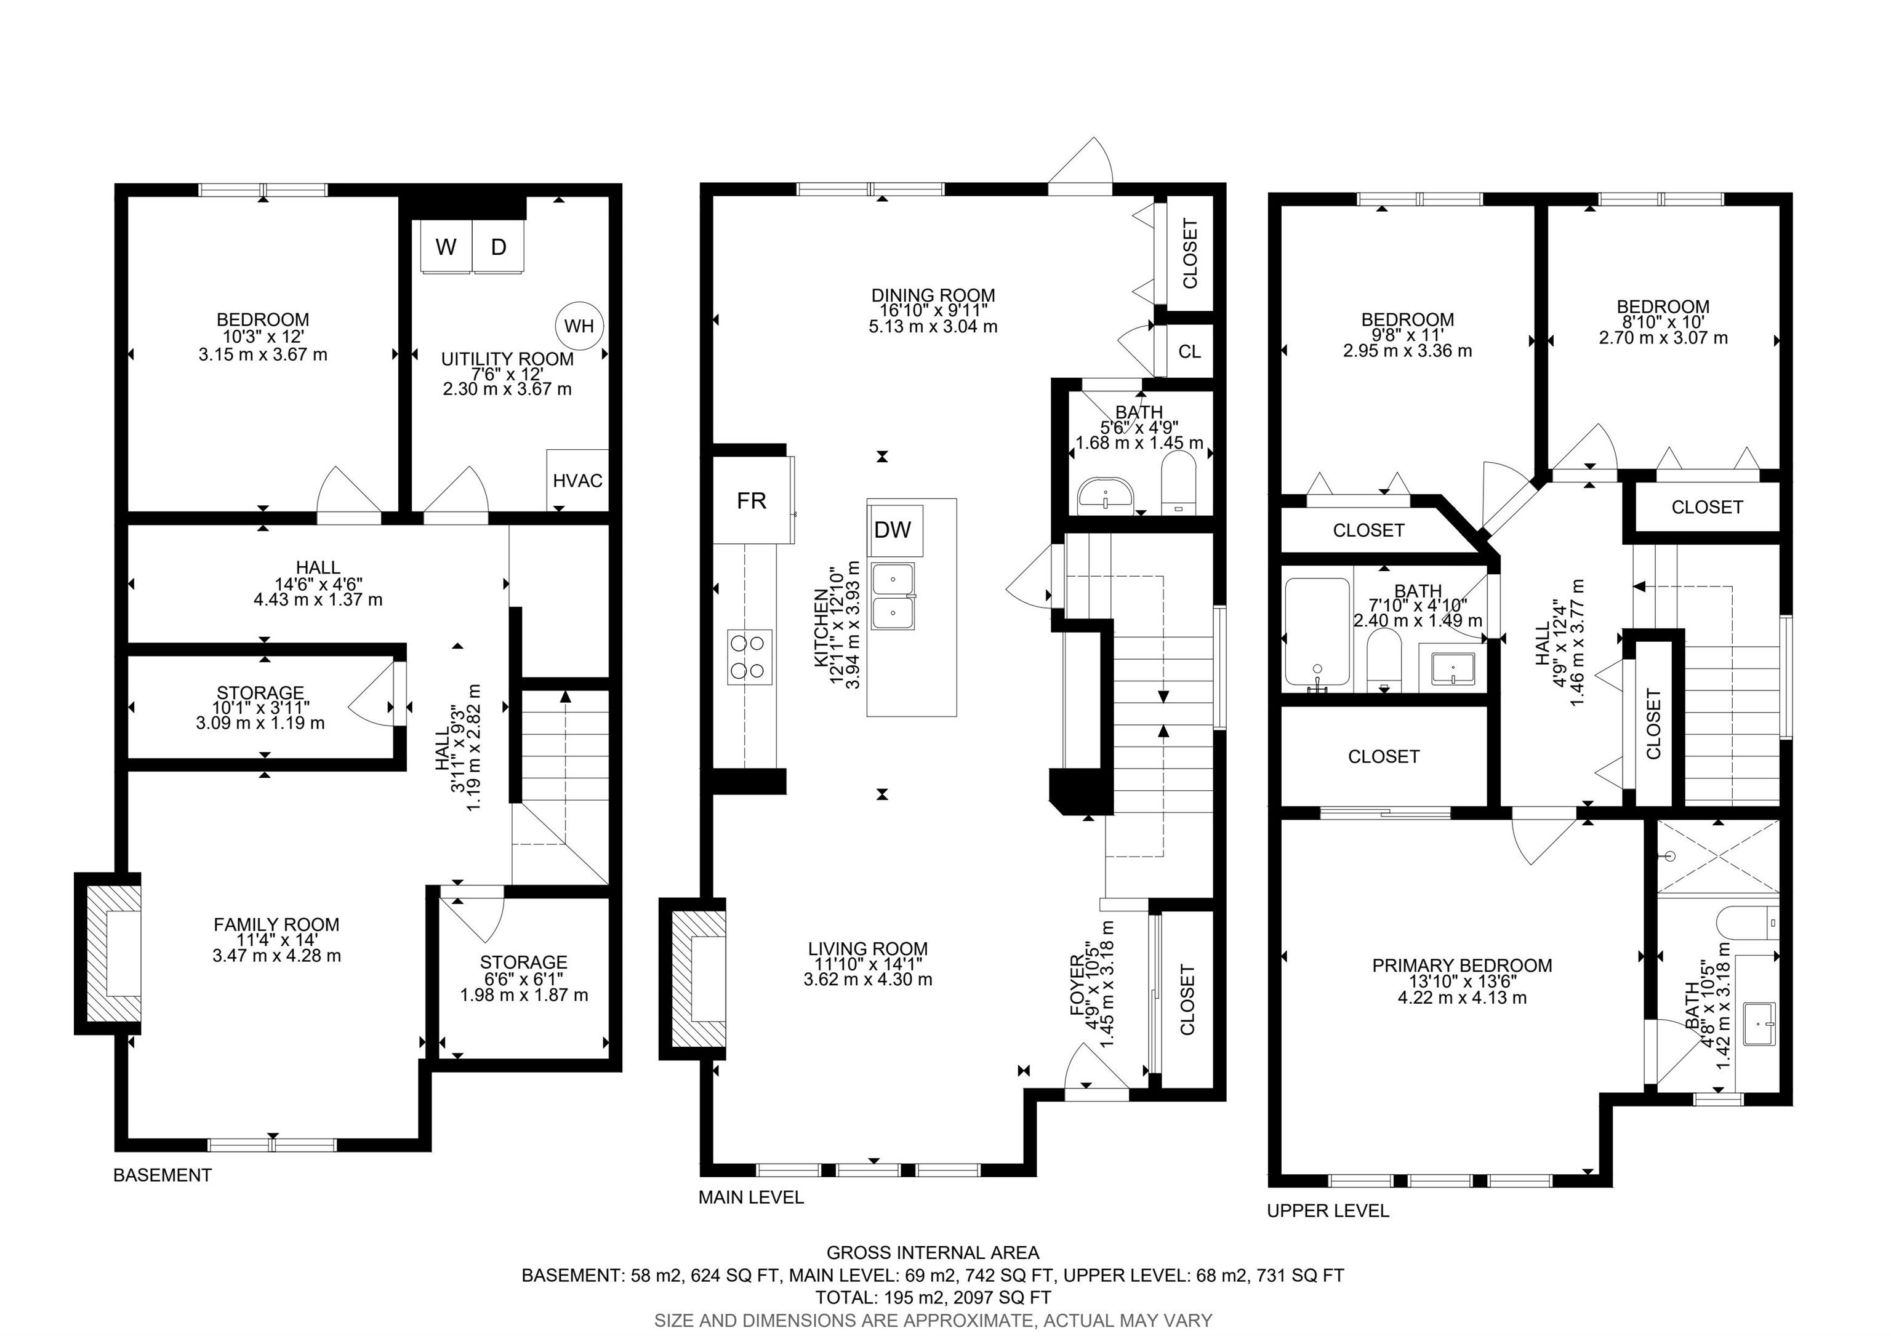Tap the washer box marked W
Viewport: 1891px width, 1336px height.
point(446,246)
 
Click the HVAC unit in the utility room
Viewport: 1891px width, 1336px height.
point(577,480)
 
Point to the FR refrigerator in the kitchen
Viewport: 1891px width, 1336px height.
point(753,500)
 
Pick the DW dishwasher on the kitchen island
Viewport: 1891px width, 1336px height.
point(894,530)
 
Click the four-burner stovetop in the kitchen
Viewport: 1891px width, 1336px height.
point(750,657)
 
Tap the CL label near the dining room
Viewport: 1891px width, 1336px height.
point(1189,351)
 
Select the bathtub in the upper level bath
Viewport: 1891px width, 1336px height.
point(1318,632)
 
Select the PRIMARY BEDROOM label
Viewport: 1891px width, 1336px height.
point(1462,966)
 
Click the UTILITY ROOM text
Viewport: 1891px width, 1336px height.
point(507,359)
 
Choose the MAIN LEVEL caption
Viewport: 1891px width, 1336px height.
point(751,1198)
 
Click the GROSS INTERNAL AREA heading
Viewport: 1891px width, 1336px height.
point(933,1253)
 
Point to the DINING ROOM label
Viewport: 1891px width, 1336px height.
point(933,295)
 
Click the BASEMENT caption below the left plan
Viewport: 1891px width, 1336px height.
point(163,1175)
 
